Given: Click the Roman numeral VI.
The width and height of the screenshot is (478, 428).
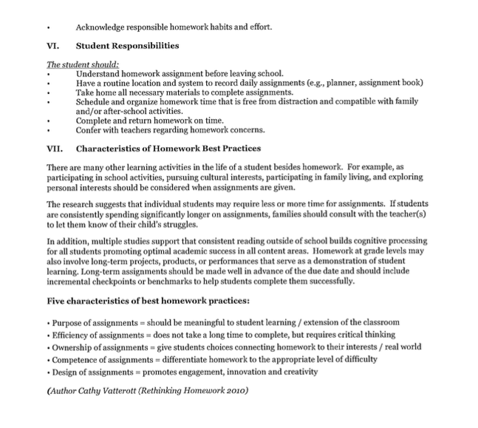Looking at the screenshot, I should pyautogui.click(x=52, y=46).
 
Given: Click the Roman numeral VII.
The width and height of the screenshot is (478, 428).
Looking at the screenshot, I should pyautogui.click(x=54, y=149).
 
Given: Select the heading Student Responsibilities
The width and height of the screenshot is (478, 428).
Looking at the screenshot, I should pyautogui.click(x=127, y=46).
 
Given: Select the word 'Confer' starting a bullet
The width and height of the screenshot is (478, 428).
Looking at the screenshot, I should pyautogui.click(x=90, y=130).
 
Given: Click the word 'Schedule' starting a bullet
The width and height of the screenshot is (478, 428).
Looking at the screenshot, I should pyautogui.click(x=95, y=101).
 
